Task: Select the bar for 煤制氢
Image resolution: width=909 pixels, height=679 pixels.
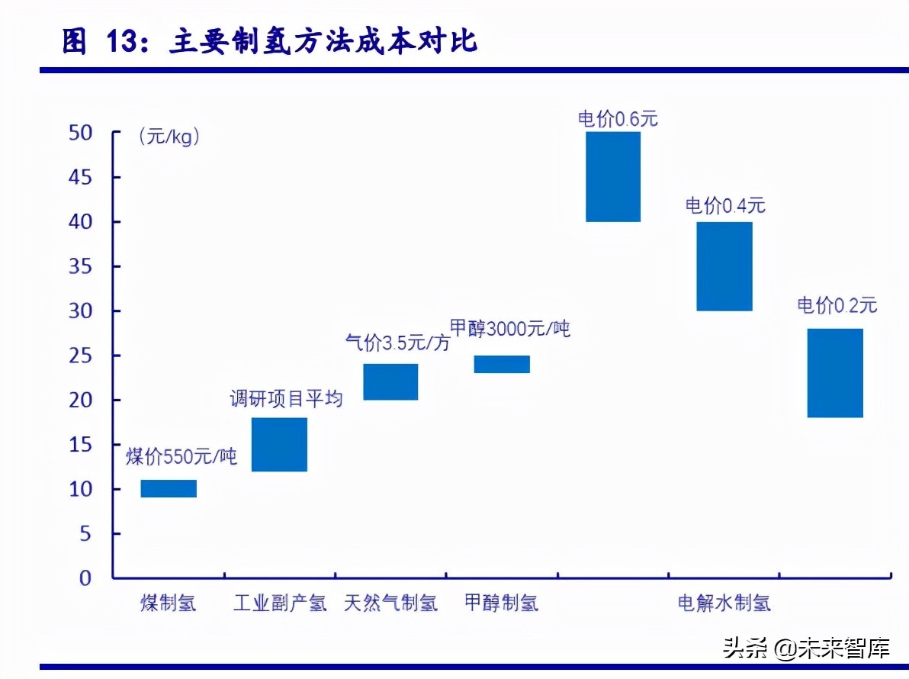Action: tap(169, 488)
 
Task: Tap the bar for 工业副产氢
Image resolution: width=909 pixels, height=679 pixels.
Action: tap(279, 444)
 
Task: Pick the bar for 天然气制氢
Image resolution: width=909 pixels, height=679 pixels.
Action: tap(390, 381)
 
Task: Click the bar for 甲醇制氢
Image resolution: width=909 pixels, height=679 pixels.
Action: tap(502, 364)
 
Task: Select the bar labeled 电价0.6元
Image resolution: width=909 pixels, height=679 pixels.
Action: tap(613, 176)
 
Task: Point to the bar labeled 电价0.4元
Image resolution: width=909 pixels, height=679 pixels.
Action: tap(724, 265)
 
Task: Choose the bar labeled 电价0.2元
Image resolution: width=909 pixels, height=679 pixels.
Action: tap(835, 372)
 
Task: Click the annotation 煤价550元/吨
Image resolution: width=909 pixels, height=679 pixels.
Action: tap(181, 457)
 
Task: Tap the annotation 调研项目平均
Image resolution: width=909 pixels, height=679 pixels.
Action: tap(287, 398)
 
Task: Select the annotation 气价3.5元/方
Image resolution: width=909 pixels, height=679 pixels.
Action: tap(397, 343)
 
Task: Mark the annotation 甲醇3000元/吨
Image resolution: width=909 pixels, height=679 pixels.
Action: tap(509, 330)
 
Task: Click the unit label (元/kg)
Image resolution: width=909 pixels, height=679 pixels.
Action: tap(169, 137)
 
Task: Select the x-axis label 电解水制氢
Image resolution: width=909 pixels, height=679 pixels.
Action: tap(724, 603)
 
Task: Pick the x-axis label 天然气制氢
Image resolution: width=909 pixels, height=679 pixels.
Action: tap(390, 603)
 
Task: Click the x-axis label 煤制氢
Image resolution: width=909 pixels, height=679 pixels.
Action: tap(169, 603)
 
